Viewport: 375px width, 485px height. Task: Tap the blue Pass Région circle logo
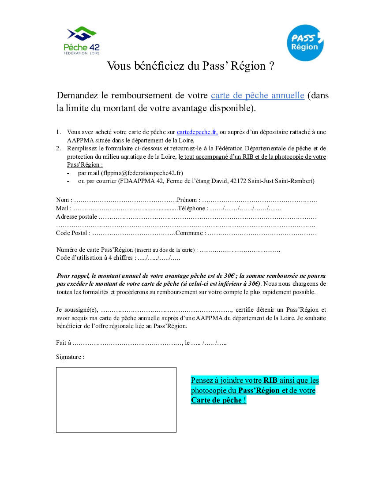tap(305, 43)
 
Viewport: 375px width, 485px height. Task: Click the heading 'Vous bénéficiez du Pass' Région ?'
tap(191, 66)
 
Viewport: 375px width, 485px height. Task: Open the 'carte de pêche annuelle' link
tap(258, 96)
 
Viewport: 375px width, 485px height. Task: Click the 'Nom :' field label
tap(64, 200)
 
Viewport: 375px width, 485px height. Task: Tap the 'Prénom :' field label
tap(188, 200)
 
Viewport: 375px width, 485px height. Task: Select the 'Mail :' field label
tap(63, 208)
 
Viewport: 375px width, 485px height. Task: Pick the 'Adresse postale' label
tap(76, 216)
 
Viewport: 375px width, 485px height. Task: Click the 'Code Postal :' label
tap(73, 233)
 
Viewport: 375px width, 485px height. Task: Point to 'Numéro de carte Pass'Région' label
tap(94, 250)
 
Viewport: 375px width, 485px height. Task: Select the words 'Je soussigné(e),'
tap(77, 310)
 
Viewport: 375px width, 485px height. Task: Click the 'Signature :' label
tap(70, 357)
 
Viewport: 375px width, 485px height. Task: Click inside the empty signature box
tap(116, 399)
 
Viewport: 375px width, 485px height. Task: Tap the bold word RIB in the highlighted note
tap(270, 380)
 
